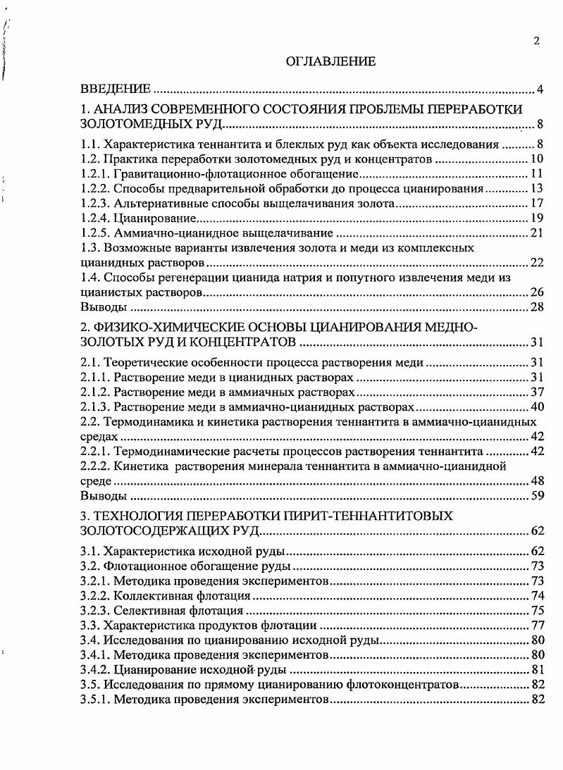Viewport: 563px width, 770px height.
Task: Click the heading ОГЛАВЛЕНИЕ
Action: point(330,62)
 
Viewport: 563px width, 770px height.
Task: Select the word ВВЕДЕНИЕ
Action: point(116,89)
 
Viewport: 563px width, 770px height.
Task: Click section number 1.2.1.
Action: point(95,173)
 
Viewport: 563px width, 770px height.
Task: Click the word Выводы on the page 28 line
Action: point(104,307)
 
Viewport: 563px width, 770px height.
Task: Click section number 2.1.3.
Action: point(95,407)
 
